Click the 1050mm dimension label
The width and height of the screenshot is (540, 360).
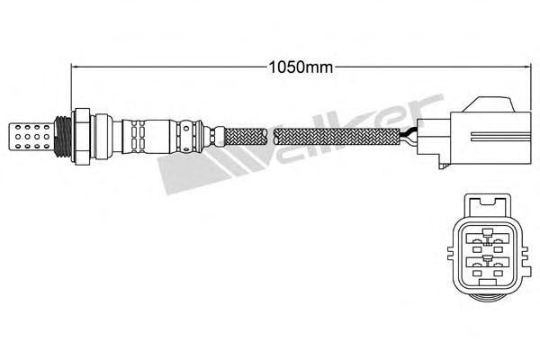pos(301,67)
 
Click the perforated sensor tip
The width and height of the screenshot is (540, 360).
pos(30,137)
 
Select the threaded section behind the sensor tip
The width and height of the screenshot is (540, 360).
pos(63,137)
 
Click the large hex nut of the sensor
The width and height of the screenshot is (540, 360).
pos(82,136)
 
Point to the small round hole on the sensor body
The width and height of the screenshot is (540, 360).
pos(186,128)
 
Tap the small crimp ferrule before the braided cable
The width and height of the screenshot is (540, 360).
pos(212,137)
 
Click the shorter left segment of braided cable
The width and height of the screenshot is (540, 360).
pos(246,137)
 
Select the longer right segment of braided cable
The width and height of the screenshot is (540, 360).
pos(337,137)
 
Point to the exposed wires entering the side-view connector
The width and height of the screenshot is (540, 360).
pos(409,136)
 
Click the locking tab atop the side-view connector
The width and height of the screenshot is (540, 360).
pos(489,104)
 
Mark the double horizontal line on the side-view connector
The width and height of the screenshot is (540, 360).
pos(501,136)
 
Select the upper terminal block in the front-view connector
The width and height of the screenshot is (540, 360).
pos(487,240)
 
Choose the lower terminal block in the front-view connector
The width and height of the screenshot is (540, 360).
pos(487,266)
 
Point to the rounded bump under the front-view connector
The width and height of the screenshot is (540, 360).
pos(487,294)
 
